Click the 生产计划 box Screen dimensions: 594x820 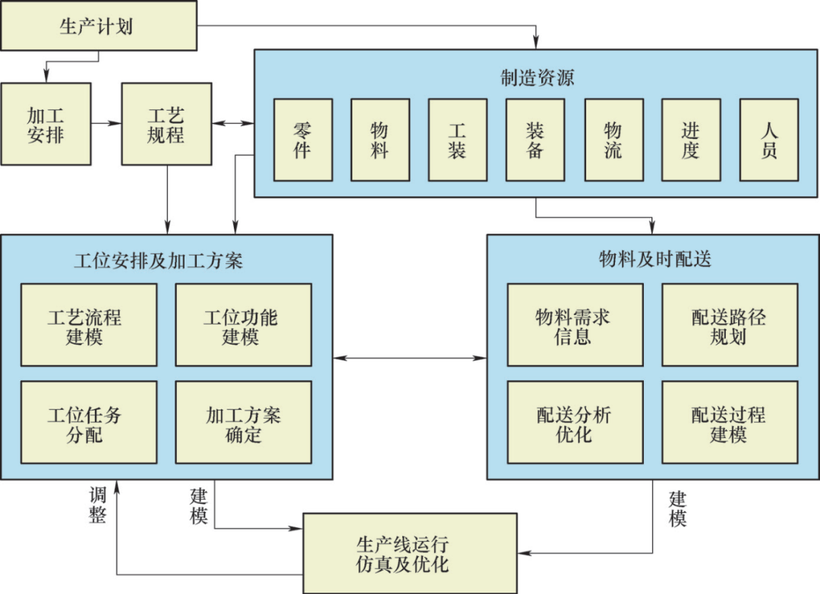[99, 27]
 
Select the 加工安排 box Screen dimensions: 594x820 [46, 124]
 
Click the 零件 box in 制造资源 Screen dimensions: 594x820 [303, 140]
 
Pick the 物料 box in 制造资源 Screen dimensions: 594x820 [380, 140]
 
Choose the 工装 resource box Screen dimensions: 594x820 [458, 140]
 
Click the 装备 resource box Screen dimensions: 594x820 [535, 140]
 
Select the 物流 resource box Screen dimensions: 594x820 [613, 140]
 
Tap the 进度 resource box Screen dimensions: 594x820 [691, 140]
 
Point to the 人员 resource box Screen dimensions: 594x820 [769, 140]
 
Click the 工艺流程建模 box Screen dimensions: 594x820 [89, 325]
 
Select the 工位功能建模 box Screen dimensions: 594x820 [244, 325]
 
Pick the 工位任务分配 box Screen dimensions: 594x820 [89, 423]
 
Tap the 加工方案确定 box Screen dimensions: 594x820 [244, 423]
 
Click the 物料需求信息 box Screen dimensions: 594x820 [575, 325]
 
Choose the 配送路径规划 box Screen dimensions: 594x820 [730, 325]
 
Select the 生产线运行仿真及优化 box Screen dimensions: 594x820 [410, 553]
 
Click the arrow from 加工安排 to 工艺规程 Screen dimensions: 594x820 [106, 124]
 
